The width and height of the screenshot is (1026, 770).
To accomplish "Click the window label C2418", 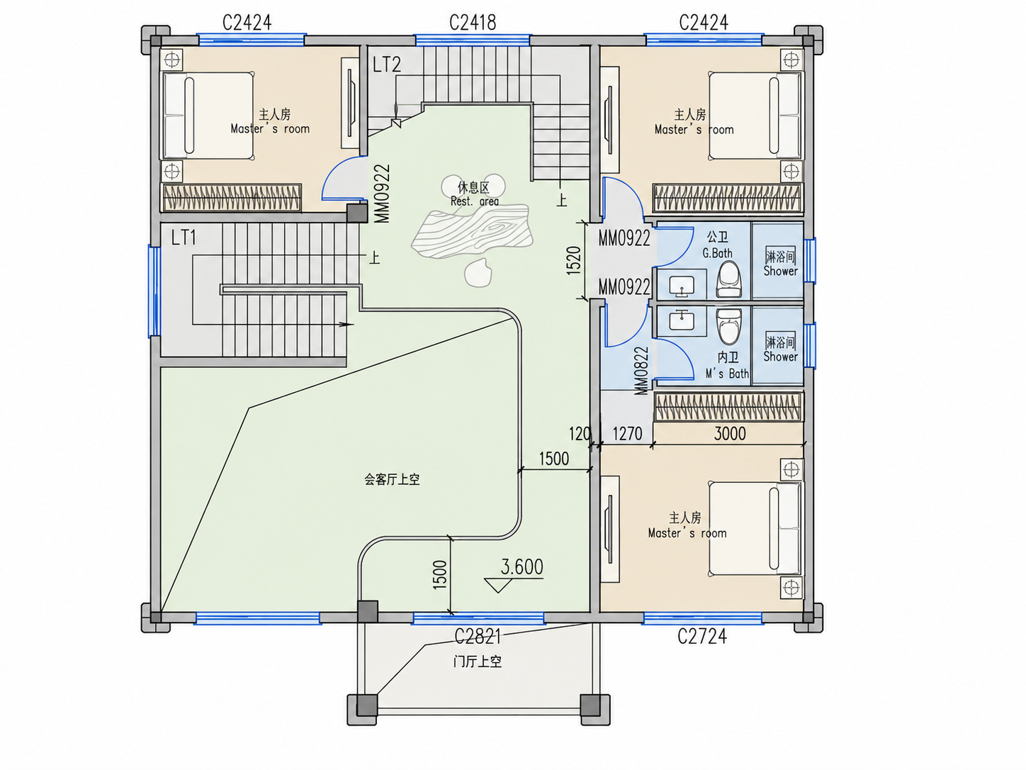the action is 473,23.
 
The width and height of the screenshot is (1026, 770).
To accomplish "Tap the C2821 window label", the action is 478,636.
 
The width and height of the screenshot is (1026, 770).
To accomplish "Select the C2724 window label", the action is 702,636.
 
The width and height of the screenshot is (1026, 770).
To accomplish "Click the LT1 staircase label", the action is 184,238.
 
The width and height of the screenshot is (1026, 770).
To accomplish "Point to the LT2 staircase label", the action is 387,65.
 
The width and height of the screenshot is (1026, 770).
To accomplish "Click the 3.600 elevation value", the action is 522,567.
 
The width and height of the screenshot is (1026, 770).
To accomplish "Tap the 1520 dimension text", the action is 573,260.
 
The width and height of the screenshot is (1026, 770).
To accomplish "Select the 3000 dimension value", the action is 730,434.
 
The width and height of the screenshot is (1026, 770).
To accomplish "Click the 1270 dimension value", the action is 627,434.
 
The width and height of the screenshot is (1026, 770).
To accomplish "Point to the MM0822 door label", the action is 642,370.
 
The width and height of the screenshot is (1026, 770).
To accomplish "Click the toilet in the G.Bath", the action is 729,279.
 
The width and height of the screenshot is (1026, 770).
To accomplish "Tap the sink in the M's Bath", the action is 682,320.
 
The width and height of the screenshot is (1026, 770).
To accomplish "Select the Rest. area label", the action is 475,201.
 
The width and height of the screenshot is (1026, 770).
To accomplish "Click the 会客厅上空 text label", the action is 392,479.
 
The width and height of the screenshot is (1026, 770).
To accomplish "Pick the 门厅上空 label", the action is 478,662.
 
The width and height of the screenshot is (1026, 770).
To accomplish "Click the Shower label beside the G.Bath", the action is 781,271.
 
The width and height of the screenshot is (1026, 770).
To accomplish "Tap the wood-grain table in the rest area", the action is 472,231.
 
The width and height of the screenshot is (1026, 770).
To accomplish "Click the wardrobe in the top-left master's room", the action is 231,197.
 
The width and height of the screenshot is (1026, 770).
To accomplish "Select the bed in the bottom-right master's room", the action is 755,529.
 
